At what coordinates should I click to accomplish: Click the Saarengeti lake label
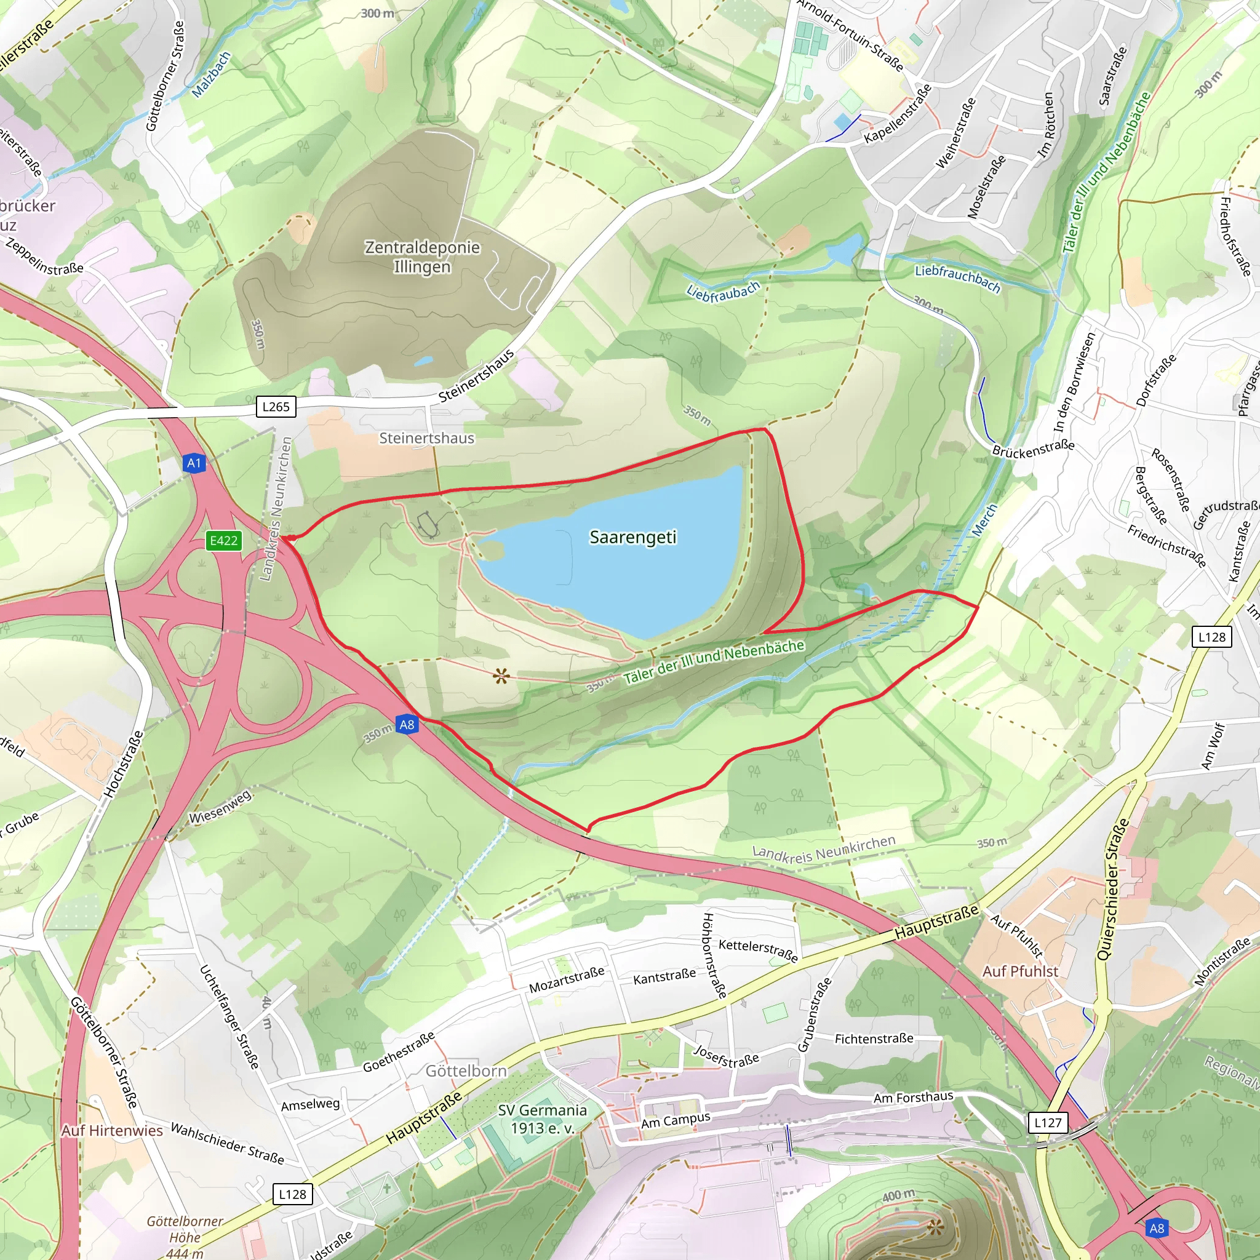(x=632, y=536)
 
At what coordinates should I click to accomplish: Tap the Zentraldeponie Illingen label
(x=422, y=257)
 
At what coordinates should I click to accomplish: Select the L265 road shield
(x=275, y=407)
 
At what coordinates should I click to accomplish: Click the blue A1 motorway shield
(x=194, y=463)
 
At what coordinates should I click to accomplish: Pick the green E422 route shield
(x=223, y=541)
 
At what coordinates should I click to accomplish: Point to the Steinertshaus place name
(x=426, y=438)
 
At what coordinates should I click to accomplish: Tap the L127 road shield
(x=1047, y=1122)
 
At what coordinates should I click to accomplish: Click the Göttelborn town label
(x=466, y=1071)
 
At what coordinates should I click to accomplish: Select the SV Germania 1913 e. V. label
(x=542, y=1119)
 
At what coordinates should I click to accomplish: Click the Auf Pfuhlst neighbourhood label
(x=1020, y=971)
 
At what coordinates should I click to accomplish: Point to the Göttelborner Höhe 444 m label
(x=185, y=1237)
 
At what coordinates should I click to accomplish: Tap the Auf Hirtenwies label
(x=112, y=1130)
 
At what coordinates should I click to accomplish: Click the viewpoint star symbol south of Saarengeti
(x=501, y=676)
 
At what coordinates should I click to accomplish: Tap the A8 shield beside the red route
(x=406, y=725)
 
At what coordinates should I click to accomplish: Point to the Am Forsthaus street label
(x=913, y=1098)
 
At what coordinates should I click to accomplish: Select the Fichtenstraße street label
(x=874, y=1039)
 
